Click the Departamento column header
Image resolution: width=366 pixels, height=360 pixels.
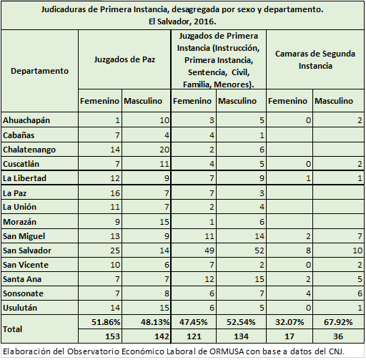click(39, 71)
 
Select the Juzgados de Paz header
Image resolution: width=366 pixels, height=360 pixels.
click(124, 59)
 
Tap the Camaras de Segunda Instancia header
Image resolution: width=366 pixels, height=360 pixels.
click(315, 59)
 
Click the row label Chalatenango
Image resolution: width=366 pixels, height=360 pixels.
click(29, 150)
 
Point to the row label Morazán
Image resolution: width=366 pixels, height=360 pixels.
click(19, 222)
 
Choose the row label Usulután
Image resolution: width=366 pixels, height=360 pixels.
click(20, 308)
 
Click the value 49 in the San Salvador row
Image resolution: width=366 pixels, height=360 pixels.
click(209, 250)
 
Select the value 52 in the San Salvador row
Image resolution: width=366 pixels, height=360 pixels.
click(259, 250)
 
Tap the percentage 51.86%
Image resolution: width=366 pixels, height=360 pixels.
click(106, 322)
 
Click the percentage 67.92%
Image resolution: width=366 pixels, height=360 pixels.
click(338, 322)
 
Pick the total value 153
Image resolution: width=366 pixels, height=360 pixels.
click(112, 336)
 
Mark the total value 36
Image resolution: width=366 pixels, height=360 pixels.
click(338, 336)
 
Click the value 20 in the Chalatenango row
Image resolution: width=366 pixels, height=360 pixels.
click(164, 150)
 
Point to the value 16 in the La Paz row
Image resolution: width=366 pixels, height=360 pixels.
click(115, 193)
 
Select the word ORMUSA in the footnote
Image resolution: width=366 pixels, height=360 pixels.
click(227, 351)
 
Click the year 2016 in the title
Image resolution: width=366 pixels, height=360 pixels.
click(204, 21)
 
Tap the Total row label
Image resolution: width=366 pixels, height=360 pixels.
click(12, 329)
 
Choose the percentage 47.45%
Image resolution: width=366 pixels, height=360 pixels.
click(193, 322)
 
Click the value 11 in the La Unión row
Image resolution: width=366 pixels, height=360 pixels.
click(115, 207)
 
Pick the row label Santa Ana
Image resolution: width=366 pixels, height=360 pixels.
click(22, 279)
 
